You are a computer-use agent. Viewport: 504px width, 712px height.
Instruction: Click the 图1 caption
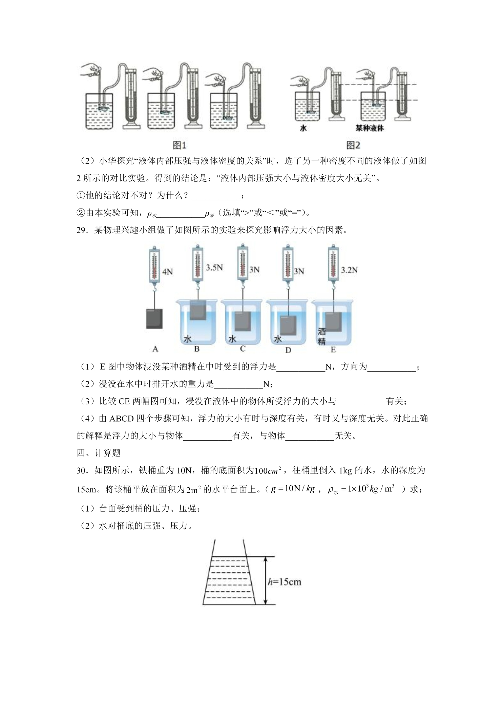pos(180,145)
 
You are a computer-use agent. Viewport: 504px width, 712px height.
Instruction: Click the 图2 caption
pos(353,145)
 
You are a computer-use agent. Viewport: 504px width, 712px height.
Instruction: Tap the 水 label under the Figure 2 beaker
pos(303,129)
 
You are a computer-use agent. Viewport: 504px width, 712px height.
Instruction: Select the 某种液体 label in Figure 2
pos(370,129)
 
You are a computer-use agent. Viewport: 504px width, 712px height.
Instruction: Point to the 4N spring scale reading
pos(167,271)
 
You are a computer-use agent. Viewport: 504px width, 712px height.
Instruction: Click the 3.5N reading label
pos(214,267)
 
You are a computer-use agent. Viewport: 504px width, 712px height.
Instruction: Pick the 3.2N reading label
pos(349,270)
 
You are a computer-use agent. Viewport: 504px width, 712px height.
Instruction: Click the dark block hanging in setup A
pos(154,318)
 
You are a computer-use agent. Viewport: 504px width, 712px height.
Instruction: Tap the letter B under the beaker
pos(197,349)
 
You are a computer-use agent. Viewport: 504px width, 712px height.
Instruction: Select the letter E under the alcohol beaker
pos(333,350)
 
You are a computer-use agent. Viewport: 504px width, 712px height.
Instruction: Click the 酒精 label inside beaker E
pos(321,336)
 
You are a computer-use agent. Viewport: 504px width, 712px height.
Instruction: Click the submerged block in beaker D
pos(288,326)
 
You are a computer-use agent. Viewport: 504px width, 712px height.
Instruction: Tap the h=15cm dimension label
pos(284,582)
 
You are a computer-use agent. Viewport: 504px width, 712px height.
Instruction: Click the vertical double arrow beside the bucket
pos(266,580)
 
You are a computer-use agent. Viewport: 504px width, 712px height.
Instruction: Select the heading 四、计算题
pos(99,453)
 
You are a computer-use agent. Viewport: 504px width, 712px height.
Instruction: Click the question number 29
pos(81,230)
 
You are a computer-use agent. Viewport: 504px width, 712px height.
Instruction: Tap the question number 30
pos(81,470)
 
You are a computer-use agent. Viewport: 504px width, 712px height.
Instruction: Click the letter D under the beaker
pos(288,350)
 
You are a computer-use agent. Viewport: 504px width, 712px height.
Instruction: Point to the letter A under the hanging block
pos(155,349)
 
